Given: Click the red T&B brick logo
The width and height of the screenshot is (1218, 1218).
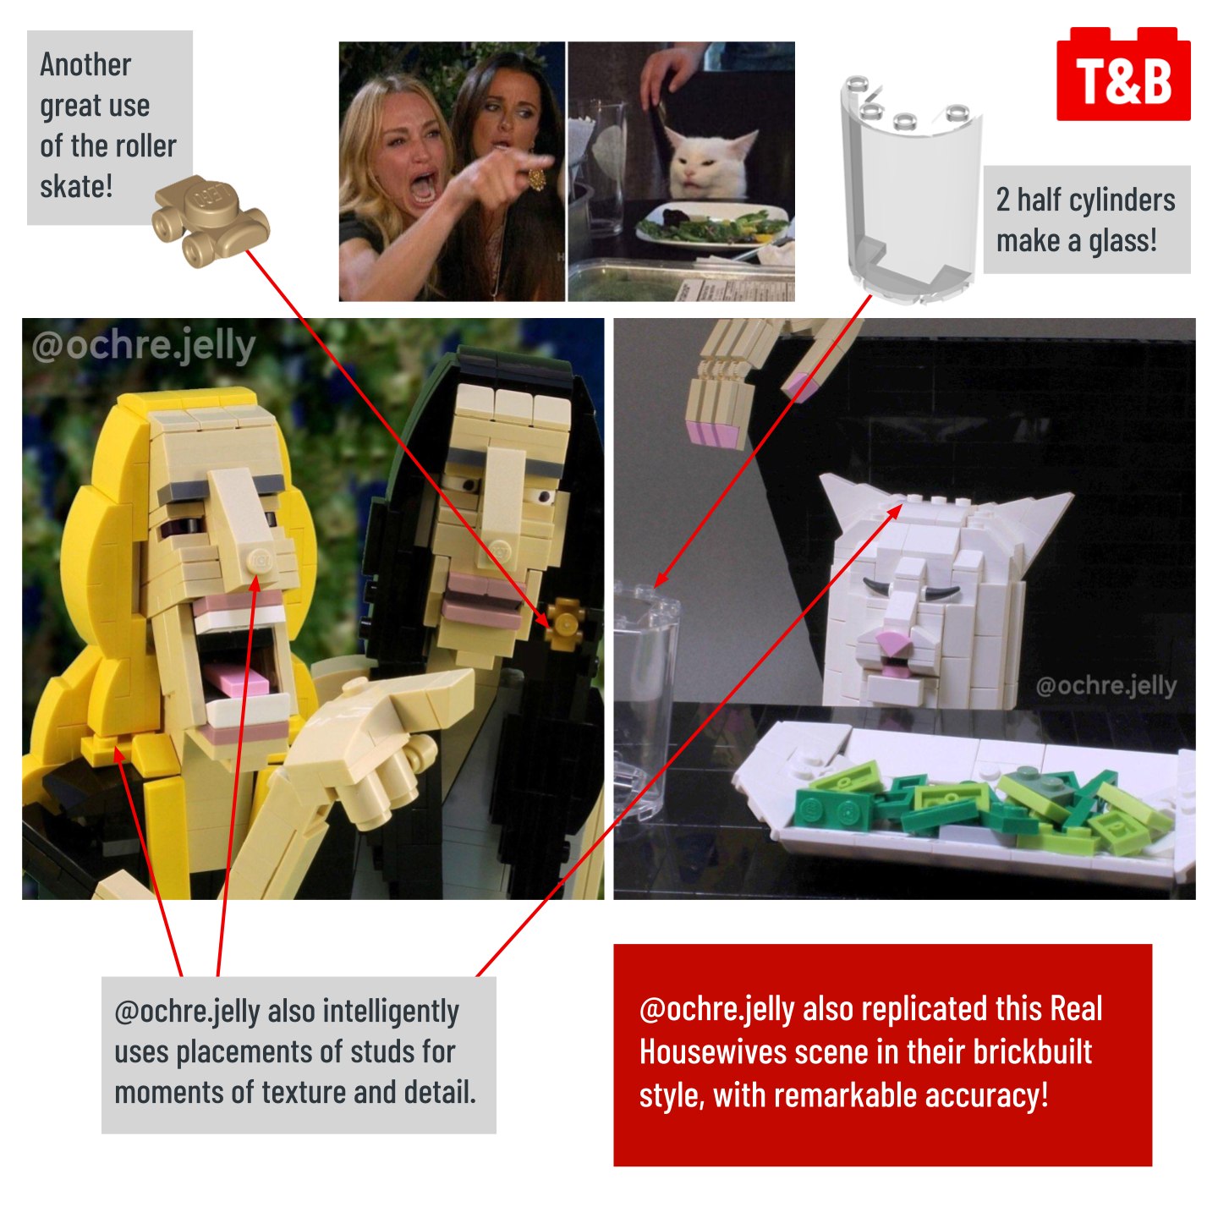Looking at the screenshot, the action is coord(1122,74).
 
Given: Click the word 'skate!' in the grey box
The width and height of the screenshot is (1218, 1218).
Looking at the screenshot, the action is coord(76,187).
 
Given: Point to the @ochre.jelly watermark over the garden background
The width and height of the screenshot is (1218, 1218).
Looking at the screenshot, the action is coord(144,347).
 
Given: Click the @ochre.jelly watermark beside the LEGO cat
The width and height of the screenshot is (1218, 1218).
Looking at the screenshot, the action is coord(1106,685).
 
